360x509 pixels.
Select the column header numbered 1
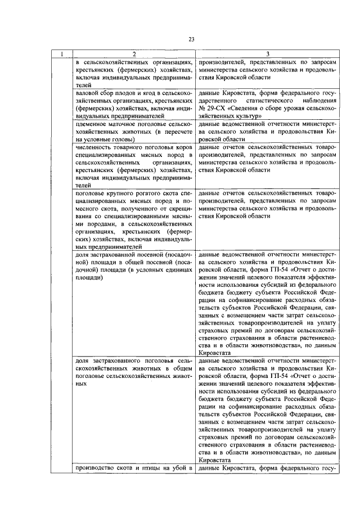(x=63, y=55)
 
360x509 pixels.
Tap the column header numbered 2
(x=134, y=55)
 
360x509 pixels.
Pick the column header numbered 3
(x=269, y=55)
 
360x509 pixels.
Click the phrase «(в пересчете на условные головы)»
(x=132, y=134)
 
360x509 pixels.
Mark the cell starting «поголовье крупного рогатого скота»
(x=134, y=219)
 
